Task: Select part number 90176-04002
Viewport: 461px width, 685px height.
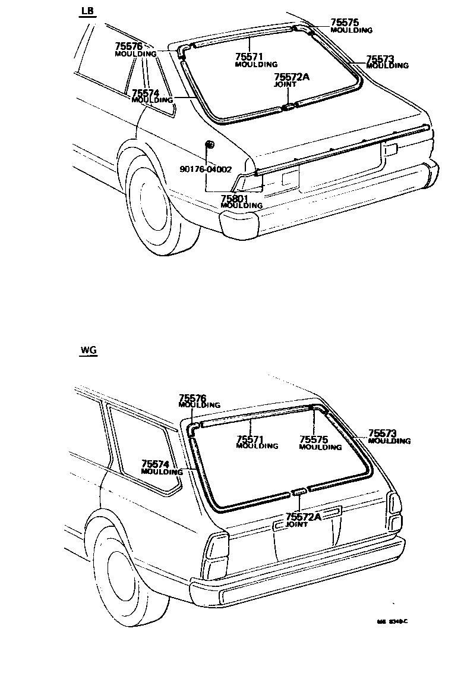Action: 206,169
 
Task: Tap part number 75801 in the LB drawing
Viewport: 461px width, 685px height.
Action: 234,198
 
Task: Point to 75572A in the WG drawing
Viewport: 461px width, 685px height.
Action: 303,517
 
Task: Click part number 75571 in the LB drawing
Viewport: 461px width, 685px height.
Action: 249,56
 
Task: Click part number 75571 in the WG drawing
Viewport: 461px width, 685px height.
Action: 250,439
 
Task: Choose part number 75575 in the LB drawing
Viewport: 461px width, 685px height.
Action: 345,22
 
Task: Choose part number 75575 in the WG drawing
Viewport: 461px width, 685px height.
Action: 314,439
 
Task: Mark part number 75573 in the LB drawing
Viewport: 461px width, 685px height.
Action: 380,59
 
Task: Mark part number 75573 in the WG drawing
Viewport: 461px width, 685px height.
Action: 382,434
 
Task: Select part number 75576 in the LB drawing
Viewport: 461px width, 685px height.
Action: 128,46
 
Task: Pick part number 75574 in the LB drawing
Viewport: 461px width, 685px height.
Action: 146,93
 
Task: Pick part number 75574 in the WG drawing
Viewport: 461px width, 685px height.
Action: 156,464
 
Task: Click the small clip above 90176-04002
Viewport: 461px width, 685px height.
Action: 210,144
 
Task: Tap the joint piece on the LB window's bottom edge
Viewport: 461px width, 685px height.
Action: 288,107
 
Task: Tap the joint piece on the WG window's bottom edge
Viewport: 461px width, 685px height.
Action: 299,491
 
